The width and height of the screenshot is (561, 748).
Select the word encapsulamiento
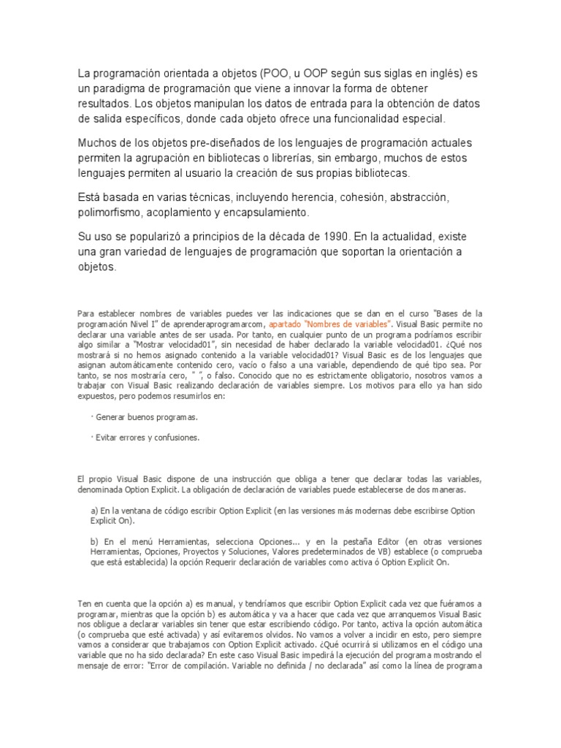(267, 213)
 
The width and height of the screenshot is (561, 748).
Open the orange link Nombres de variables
(330, 322)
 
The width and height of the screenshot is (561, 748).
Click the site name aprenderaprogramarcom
(218, 322)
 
